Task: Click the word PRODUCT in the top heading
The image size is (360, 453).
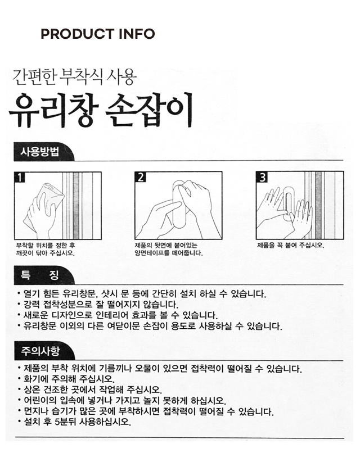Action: point(78,34)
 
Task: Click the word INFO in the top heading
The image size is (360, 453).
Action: point(137,34)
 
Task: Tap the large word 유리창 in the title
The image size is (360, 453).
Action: point(54,110)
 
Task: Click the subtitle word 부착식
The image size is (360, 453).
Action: point(81,77)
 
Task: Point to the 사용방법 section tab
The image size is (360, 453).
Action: point(40,152)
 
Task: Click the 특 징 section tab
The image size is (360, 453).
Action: point(40,275)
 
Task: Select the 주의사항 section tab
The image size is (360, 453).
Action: point(40,351)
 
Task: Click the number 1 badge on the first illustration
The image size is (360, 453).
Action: point(20,178)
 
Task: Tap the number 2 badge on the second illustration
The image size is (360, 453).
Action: point(140,177)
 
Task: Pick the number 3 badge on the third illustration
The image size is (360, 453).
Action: point(262,177)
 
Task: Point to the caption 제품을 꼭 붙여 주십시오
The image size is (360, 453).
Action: point(291,246)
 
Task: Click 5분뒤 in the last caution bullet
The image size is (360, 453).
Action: point(65,422)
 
